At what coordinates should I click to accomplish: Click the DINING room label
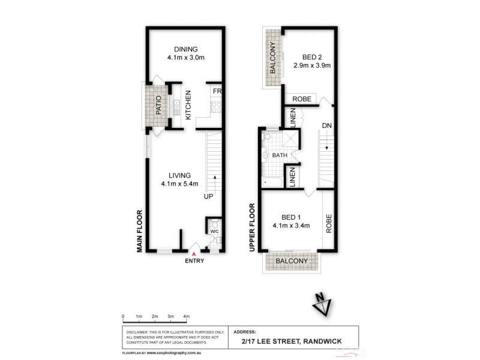[x=185, y=49]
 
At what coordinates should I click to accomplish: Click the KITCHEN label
[x=188, y=106]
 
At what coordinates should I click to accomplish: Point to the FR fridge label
[x=216, y=91]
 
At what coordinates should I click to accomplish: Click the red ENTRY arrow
[x=193, y=254]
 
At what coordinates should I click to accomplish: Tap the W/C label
[x=214, y=230]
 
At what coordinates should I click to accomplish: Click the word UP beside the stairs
[x=208, y=196]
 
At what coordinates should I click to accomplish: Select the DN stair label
[x=326, y=126]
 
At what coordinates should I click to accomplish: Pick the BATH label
[x=280, y=155]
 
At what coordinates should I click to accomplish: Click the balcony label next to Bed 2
[x=272, y=58]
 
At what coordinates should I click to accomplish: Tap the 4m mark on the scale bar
[x=187, y=316]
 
